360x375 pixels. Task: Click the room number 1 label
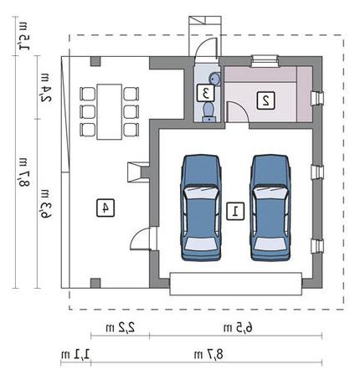click(x=235, y=212)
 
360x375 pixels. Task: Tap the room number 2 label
click(x=265, y=100)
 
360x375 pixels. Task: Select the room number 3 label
click(x=206, y=93)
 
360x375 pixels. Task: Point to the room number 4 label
click(x=105, y=208)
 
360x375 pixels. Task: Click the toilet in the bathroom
click(x=208, y=111)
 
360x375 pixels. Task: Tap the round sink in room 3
click(x=214, y=78)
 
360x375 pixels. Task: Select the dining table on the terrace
click(x=110, y=111)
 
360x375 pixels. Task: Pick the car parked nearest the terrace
click(x=201, y=208)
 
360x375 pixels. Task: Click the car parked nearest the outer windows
click(x=270, y=208)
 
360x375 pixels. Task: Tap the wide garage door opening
click(x=236, y=284)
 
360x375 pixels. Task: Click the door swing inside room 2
click(x=237, y=111)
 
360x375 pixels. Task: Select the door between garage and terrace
click(x=144, y=239)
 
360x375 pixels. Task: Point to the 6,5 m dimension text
click(x=238, y=327)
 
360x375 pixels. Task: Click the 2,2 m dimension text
click(x=121, y=327)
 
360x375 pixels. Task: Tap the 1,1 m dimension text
click(x=75, y=355)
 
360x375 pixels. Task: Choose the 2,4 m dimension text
click(x=46, y=88)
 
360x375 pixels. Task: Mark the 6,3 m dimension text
click(x=46, y=204)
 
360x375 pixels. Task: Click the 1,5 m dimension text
click(x=23, y=37)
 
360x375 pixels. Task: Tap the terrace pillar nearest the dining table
click(x=95, y=61)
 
